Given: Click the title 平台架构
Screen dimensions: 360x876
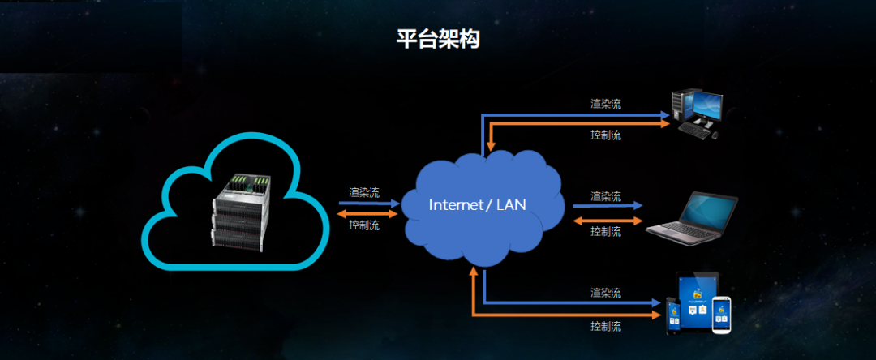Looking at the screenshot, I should (438, 40).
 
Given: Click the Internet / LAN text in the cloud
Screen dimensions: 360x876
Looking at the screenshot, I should (477, 204).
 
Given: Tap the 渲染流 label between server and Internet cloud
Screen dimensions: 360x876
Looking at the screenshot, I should (363, 192).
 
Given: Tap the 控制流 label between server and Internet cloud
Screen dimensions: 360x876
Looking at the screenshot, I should (363, 225).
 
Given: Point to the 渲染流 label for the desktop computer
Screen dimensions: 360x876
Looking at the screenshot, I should (606, 104).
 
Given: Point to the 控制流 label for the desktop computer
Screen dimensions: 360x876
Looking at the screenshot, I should (606, 135).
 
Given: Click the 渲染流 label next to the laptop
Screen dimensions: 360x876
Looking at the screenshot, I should (606, 196).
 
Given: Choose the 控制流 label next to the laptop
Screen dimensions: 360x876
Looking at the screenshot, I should (606, 231).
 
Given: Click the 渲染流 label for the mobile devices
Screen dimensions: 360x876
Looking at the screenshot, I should (606, 292).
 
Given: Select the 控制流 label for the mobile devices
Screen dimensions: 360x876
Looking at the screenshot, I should (606, 326).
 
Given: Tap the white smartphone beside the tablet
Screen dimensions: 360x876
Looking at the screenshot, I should (722, 315).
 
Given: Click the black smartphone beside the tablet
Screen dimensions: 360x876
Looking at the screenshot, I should (673, 315).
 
